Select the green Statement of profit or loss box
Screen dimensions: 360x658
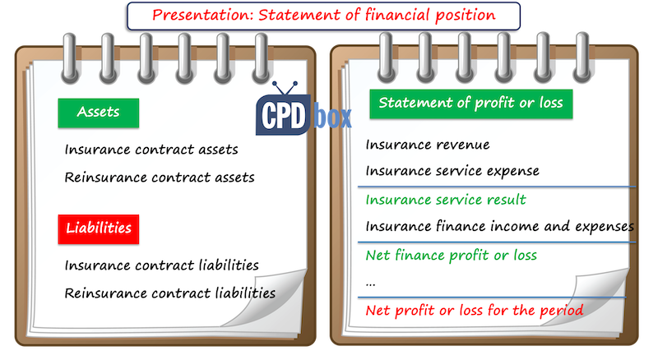pyautogui.click(x=470, y=104)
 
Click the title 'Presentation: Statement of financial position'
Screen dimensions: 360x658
pyautogui.click(x=323, y=14)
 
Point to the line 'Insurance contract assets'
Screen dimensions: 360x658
pyautogui.click(x=151, y=150)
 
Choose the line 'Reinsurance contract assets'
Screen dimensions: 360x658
pyautogui.click(x=159, y=177)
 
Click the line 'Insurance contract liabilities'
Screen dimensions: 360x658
pyautogui.click(x=161, y=265)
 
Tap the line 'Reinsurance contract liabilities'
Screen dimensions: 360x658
pyautogui.click(x=169, y=292)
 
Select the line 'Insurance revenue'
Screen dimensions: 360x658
pyautogui.click(x=427, y=145)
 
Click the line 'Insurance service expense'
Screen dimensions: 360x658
pyautogui.click(x=452, y=171)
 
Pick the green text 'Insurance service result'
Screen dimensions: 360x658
pyautogui.click(x=446, y=200)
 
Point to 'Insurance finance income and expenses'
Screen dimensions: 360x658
pyautogui.click(x=499, y=226)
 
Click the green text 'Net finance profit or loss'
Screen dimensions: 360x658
pyautogui.click(x=451, y=255)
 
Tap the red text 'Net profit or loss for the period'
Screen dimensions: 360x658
pyautogui.click(x=475, y=311)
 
